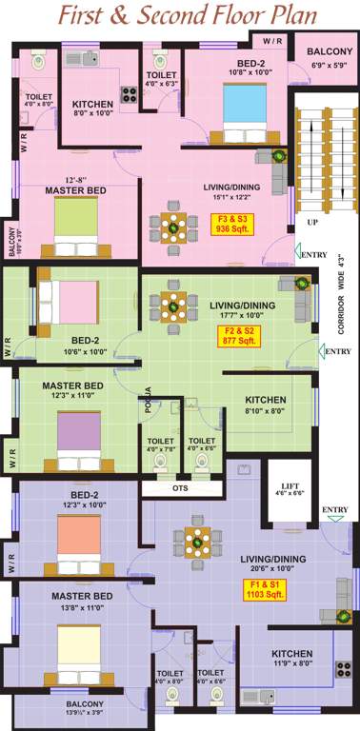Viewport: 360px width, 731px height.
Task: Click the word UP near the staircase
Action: pos(312,222)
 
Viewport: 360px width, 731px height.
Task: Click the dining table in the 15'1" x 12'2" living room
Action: pos(174,227)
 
